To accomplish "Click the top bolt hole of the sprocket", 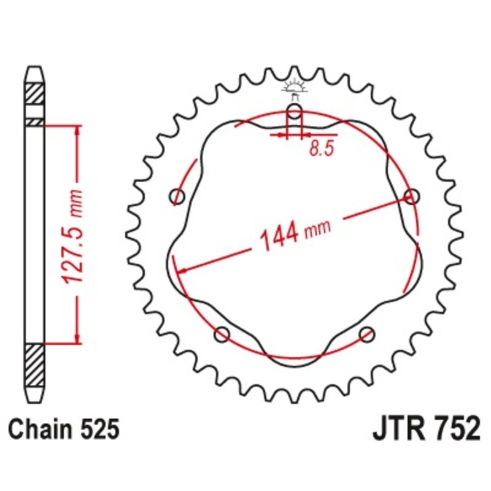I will [x=295, y=112].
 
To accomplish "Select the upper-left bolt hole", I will [x=178, y=196].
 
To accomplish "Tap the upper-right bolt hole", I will [x=412, y=196].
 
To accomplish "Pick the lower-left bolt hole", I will [x=222, y=334].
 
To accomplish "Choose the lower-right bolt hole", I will [x=367, y=334].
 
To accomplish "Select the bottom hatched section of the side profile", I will [x=34, y=363].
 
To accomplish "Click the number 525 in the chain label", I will [x=98, y=430].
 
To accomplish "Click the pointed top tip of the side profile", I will [x=34, y=66].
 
